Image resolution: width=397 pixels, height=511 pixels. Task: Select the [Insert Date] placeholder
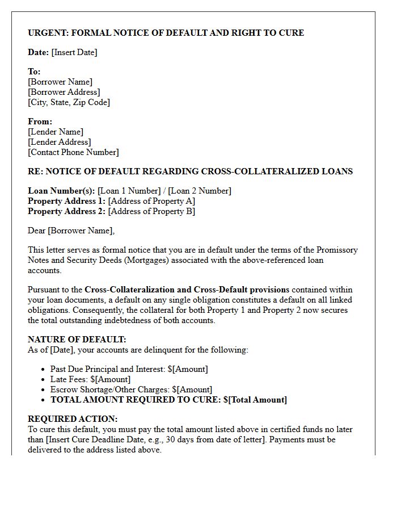point(74,52)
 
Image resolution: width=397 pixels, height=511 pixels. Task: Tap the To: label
point(34,72)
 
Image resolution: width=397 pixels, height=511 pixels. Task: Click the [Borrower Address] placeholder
point(64,92)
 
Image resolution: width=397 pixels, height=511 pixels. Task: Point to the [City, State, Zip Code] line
point(69,102)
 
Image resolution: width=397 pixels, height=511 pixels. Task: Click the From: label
point(40,122)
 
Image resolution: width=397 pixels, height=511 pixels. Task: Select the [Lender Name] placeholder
point(55,132)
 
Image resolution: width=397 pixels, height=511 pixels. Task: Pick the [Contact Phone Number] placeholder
point(73,152)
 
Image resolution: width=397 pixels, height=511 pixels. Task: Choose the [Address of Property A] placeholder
point(151,201)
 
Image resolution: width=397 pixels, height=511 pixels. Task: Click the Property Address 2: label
point(66,211)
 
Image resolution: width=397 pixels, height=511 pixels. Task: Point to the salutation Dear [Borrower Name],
point(71,231)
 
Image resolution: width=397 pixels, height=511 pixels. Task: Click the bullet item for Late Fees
point(90,379)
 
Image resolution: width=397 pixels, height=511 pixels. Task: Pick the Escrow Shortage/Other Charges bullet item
point(131,389)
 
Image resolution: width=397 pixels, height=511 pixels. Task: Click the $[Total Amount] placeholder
point(255,400)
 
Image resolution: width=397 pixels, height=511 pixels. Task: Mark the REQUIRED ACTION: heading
point(73,419)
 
